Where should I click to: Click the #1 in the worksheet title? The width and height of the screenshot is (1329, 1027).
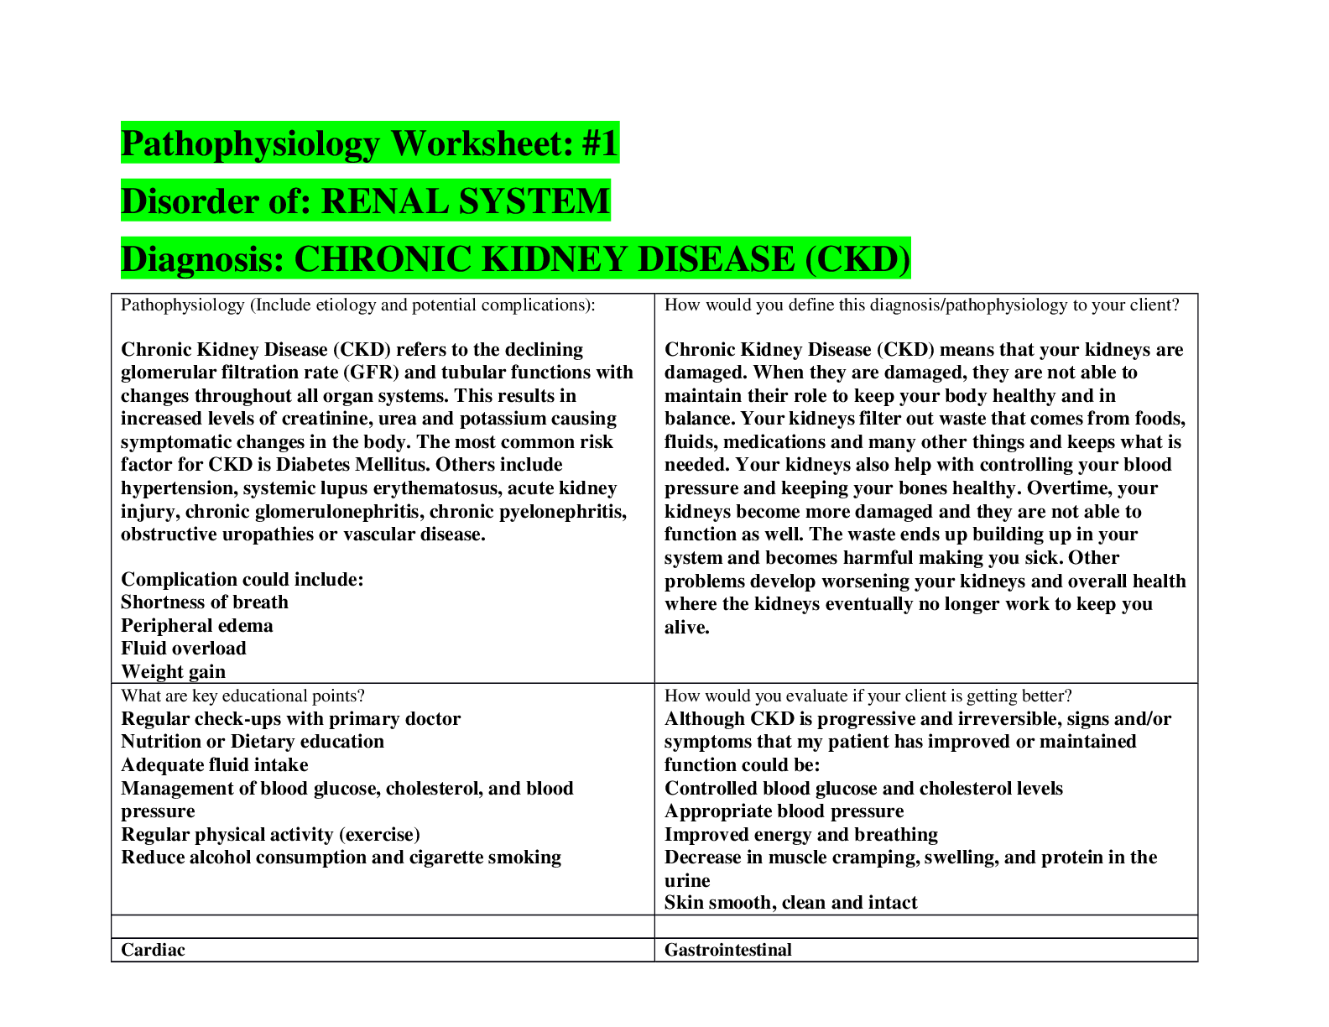pyautogui.click(x=599, y=143)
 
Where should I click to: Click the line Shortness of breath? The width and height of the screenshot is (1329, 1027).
pyautogui.click(x=204, y=602)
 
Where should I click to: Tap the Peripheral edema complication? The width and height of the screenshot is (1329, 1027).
pyautogui.click(x=197, y=626)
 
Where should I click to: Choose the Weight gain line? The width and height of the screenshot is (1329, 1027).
pyautogui.click(x=174, y=671)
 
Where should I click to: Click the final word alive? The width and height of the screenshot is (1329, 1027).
pyautogui.click(x=687, y=627)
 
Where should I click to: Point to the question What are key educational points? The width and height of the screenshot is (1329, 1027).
pyautogui.click(x=242, y=696)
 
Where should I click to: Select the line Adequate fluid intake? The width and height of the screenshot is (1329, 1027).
pyautogui.click(x=215, y=764)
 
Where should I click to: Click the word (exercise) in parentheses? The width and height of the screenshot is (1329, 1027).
pyautogui.click(x=380, y=834)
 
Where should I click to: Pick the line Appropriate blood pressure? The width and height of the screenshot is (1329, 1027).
pyautogui.click(x=784, y=811)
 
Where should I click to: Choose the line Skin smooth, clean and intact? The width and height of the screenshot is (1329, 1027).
pyautogui.click(x=791, y=902)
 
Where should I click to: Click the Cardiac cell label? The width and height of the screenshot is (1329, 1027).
pyautogui.click(x=153, y=949)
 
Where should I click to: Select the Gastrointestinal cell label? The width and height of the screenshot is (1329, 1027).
pyautogui.click(x=727, y=949)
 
